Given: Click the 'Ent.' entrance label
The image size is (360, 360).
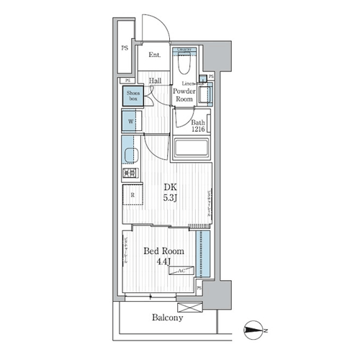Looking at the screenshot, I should click(x=154, y=55).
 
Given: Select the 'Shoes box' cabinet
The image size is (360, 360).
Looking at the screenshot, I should click(x=130, y=94).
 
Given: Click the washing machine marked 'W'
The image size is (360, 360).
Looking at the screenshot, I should click(x=130, y=121).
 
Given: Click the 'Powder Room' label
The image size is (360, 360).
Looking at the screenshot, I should click(x=184, y=95).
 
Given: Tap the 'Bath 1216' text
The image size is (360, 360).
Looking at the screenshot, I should click(x=199, y=127).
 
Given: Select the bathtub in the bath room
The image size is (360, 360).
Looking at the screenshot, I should click(x=192, y=148).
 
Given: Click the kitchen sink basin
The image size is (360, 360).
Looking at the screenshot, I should click(x=130, y=155).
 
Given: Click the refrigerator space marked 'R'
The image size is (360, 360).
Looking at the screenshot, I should click(x=132, y=194).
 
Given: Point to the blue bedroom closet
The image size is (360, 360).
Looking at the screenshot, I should click(x=204, y=256).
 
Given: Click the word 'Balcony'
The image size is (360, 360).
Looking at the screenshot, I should click(x=166, y=317).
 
